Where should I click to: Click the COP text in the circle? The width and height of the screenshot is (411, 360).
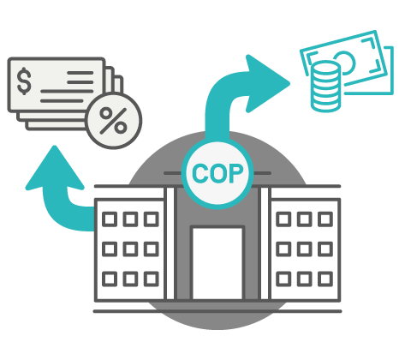tap(217, 173)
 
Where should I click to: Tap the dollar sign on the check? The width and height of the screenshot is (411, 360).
tap(24, 81)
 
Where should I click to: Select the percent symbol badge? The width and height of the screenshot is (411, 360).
tap(114, 121)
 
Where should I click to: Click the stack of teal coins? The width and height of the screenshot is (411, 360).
tap(325, 87)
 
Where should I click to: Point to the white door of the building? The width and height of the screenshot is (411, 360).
tap(217, 263)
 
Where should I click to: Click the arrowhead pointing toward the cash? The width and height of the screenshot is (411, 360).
tap(266, 83)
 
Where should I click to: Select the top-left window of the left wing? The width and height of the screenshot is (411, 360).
tap(110, 219)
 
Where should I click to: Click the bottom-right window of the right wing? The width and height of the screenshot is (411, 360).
tap(325, 279)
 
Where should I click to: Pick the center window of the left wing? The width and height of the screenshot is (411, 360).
tap(130, 249)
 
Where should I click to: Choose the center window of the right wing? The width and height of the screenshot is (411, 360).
tap(305, 249)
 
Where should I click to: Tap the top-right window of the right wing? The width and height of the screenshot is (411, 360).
tap(325, 219)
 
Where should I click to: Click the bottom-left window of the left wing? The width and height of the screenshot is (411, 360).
tap(110, 279)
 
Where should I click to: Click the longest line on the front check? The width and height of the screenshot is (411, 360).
tap(67, 92)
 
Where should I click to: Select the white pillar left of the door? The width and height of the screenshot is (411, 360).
tap(170, 243)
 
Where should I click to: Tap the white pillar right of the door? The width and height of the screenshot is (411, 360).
tap(265, 243)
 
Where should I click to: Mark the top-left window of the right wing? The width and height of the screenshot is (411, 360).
tap(283, 219)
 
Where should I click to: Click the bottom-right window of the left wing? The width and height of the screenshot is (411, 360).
tap(152, 279)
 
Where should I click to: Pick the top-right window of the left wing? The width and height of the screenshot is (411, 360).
tap(152, 219)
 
